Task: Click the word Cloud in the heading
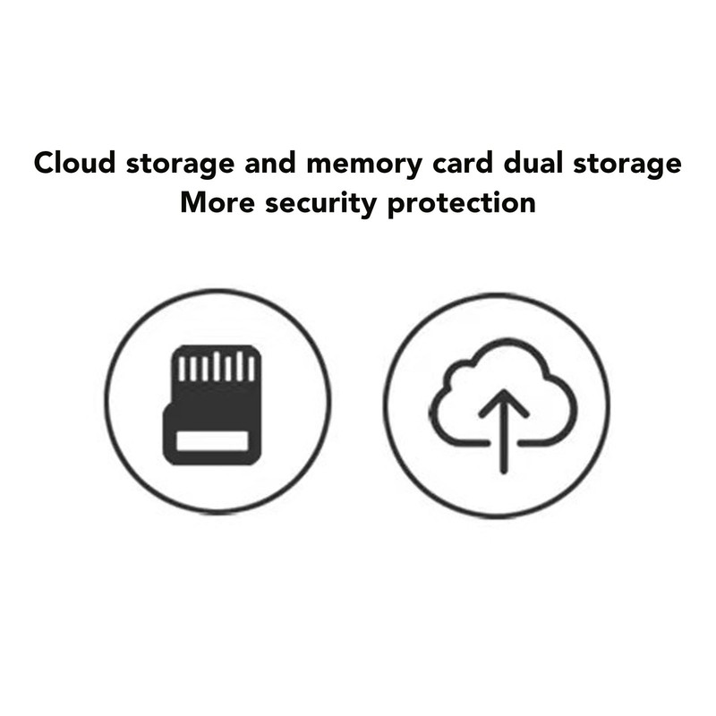(74, 163)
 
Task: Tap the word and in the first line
(270, 163)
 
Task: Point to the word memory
(364, 166)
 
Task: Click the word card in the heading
(463, 163)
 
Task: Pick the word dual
(533, 163)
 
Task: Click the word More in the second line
(217, 202)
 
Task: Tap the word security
(320, 205)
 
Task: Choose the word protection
(461, 205)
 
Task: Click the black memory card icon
(212, 405)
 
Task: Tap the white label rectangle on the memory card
(212, 441)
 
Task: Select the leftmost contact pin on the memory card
(182, 369)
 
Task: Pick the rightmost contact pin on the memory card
(251, 369)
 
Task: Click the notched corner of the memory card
(167, 405)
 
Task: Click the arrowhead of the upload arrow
(504, 402)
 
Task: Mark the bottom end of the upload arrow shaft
(504, 471)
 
